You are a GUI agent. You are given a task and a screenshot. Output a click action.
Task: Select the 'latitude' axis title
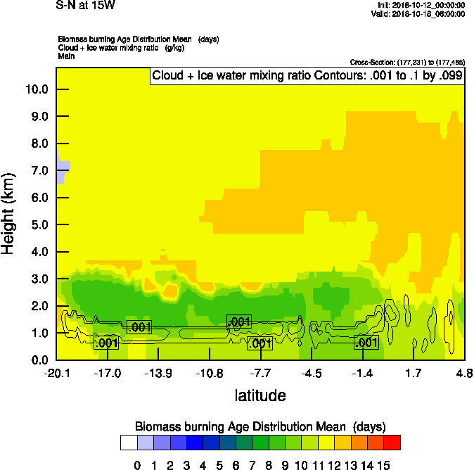tap(260, 395)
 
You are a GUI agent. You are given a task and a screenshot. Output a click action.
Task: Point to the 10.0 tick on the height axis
tap(36, 89)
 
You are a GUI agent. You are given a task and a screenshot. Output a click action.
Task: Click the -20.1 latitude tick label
tap(56, 373)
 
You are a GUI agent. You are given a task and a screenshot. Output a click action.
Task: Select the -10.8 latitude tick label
tap(209, 373)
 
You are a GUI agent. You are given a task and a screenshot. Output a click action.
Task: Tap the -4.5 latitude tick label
tap(311, 373)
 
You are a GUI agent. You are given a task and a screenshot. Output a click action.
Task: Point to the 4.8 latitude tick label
tap(463, 373)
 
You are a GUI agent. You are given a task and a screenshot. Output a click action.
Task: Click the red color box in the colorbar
tap(392, 443)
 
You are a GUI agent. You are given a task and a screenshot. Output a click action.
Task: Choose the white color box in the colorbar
tap(128, 443)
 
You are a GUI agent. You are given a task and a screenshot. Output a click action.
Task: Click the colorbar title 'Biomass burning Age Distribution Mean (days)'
tap(260, 426)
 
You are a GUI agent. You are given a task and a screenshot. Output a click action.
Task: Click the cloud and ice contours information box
tap(307, 76)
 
